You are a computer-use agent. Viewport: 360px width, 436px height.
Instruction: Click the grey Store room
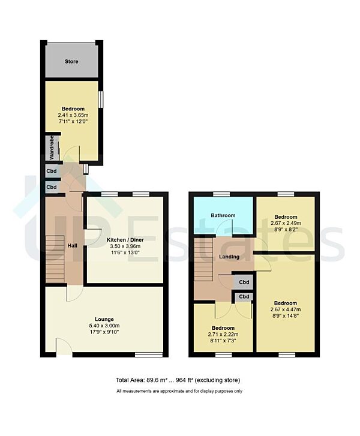click(x=71, y=61)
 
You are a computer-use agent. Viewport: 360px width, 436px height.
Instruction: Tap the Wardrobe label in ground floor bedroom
click(x=52, y=148)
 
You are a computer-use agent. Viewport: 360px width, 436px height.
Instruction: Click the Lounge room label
click(x=103, y=319)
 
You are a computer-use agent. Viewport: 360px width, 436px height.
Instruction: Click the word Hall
click(x=71, y=246)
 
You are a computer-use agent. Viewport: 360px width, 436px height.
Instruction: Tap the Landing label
click(x=229, y=257)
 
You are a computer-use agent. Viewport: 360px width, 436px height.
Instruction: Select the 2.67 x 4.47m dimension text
click(x=286, y=310)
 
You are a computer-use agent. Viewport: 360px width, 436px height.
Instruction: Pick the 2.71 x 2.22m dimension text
click(x=223, y=335)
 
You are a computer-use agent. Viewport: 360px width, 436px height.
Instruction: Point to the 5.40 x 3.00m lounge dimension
click(x=103, y=326)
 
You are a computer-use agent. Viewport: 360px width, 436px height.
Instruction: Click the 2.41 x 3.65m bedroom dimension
click(x=73, y=116)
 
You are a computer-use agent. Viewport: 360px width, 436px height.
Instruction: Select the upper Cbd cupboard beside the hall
click(x=52, y=172)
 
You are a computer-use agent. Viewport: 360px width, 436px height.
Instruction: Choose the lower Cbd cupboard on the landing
click(x=244, y=296)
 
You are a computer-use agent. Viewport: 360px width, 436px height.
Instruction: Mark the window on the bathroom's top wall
click(x=223, y=194)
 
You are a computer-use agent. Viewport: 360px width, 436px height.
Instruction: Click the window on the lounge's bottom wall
click(x=143, y=354)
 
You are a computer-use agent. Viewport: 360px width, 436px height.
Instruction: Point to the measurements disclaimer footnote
click(x=179, y=391)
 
